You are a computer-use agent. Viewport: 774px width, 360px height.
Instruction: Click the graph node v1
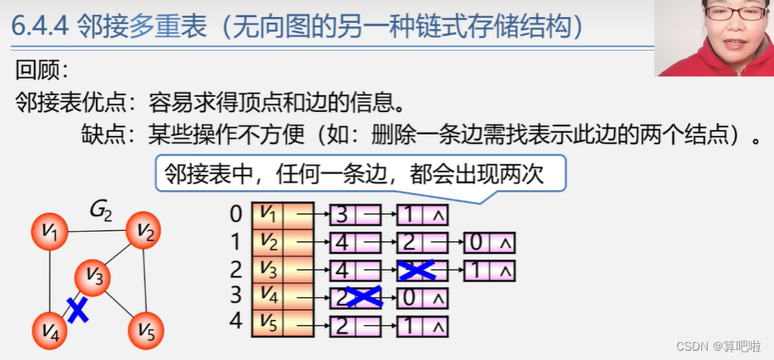[x=50, y=231]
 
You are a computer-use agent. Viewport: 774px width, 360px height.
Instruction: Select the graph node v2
[x=144, y=230]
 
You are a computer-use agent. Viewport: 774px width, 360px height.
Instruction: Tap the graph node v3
[x=95, y=277]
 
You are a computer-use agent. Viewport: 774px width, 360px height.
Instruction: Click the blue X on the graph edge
[x=77, y=308]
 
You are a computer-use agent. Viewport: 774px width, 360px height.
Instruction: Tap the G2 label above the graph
[x=101, y=210]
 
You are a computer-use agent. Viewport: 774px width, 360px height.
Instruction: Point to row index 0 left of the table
[x=236, y=214]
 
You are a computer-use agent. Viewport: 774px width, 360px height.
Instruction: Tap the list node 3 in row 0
[x=355, y=215]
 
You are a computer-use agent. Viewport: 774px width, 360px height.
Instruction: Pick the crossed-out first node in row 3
[x=355, y=298]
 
